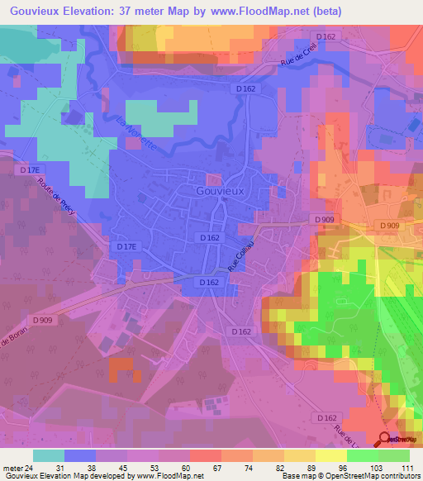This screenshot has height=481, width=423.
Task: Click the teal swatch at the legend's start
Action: point(48,455)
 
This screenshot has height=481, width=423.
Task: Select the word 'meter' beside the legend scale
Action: point(12,469)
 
